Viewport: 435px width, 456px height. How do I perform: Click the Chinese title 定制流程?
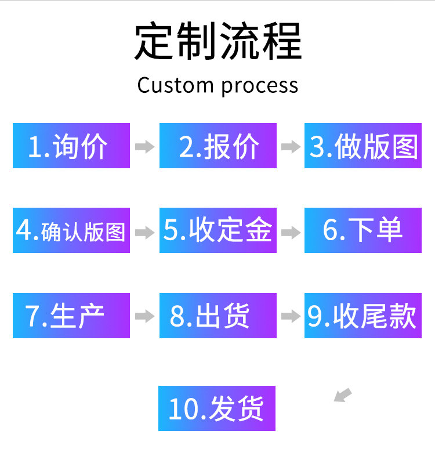click(218, 41)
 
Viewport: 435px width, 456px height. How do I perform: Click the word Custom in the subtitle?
click(175, 85)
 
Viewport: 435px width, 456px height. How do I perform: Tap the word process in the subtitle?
click(260, 86)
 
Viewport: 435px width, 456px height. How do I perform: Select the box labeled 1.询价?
click(71, 146)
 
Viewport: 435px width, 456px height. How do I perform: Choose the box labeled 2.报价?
click(218, 146)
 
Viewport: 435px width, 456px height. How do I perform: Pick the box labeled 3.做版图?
click(363, 146)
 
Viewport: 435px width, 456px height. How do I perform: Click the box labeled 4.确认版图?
click(71, 230)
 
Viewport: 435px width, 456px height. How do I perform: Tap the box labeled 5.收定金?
click(218, 230)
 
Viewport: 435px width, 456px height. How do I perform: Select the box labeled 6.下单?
click(363, 230)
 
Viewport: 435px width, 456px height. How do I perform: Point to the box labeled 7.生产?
click(71, 316)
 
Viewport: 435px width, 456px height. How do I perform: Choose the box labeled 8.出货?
click(218, 316)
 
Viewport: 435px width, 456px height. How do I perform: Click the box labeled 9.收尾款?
click(363, 316)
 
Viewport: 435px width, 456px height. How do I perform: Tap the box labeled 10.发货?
click(216, 408)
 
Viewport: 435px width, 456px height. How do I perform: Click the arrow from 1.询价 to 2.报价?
click(145, 147)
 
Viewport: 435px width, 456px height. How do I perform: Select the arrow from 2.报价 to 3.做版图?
click(291, 147)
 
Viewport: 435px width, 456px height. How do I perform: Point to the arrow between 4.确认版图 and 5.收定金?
click(145, 233)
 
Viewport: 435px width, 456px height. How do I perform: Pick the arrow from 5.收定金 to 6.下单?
click(291, 233)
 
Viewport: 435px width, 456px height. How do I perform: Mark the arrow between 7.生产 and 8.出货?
click(145, 316)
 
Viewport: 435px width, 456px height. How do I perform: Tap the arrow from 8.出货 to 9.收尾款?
click(291, 316)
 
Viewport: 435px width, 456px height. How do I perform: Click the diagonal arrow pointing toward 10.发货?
click(343, 395)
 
